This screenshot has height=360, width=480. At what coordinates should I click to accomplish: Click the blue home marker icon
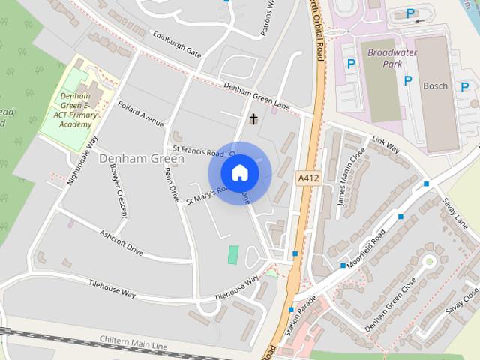(239, 173)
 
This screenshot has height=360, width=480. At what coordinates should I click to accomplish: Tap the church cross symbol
(254, 118)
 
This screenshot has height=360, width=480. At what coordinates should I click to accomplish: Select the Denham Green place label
(142, 159)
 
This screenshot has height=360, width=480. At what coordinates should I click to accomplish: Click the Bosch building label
(435, 86)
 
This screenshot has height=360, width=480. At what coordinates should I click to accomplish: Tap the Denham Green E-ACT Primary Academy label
(78, 109)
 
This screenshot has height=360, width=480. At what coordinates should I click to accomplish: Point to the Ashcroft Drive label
(121, 241)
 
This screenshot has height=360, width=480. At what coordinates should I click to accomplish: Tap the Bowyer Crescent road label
(122, 193)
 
